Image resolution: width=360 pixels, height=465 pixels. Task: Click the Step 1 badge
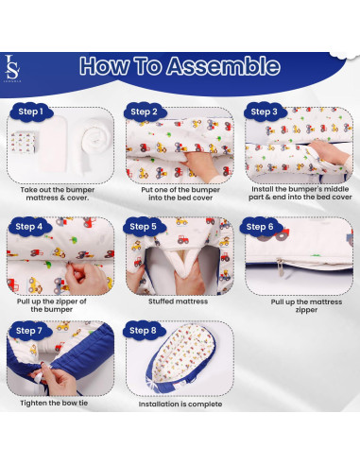click(28, 112)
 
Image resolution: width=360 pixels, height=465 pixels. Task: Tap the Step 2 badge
click(145, 112)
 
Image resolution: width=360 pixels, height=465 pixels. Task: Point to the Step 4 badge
click(28, 227)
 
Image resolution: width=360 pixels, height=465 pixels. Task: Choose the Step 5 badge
click(145, 227)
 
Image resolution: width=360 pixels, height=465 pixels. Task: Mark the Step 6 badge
click(261, 227)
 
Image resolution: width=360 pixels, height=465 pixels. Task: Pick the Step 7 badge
click(28, 332)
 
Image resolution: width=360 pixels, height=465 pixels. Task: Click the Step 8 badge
click(145, 332)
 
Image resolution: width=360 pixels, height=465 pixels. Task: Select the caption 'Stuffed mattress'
click(180, 301)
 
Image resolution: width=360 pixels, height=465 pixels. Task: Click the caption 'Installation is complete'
click(180, 404)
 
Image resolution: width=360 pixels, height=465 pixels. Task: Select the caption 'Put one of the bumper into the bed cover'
click(180, 193)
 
